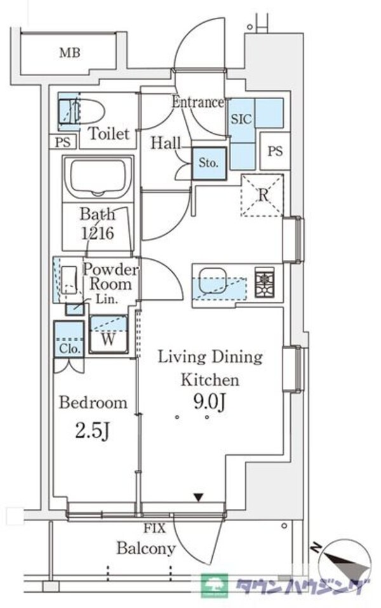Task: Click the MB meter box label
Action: click(x=70, y=52)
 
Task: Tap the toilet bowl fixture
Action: click(x=91, y=111)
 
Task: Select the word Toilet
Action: click(x=109, y=133)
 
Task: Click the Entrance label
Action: click(x=198, y=102)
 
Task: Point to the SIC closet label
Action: click(x=241, y=119)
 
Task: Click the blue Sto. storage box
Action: click(x=209, y=163)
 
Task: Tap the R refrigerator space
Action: click(x=262, y=195)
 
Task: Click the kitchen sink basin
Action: click(x=212, y=281)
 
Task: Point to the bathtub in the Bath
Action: click(x=98, y=178)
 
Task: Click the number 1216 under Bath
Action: click(x=97, y=233)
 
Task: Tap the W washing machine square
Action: click(x=109, y=335)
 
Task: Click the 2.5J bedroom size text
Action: click(x=93, y=431)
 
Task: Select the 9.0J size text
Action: click(x=210, y=403)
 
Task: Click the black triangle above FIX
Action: click(x=199, y=497)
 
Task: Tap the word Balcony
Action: click(x=146, y=549)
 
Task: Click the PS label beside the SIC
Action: click(x=275, y=151)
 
